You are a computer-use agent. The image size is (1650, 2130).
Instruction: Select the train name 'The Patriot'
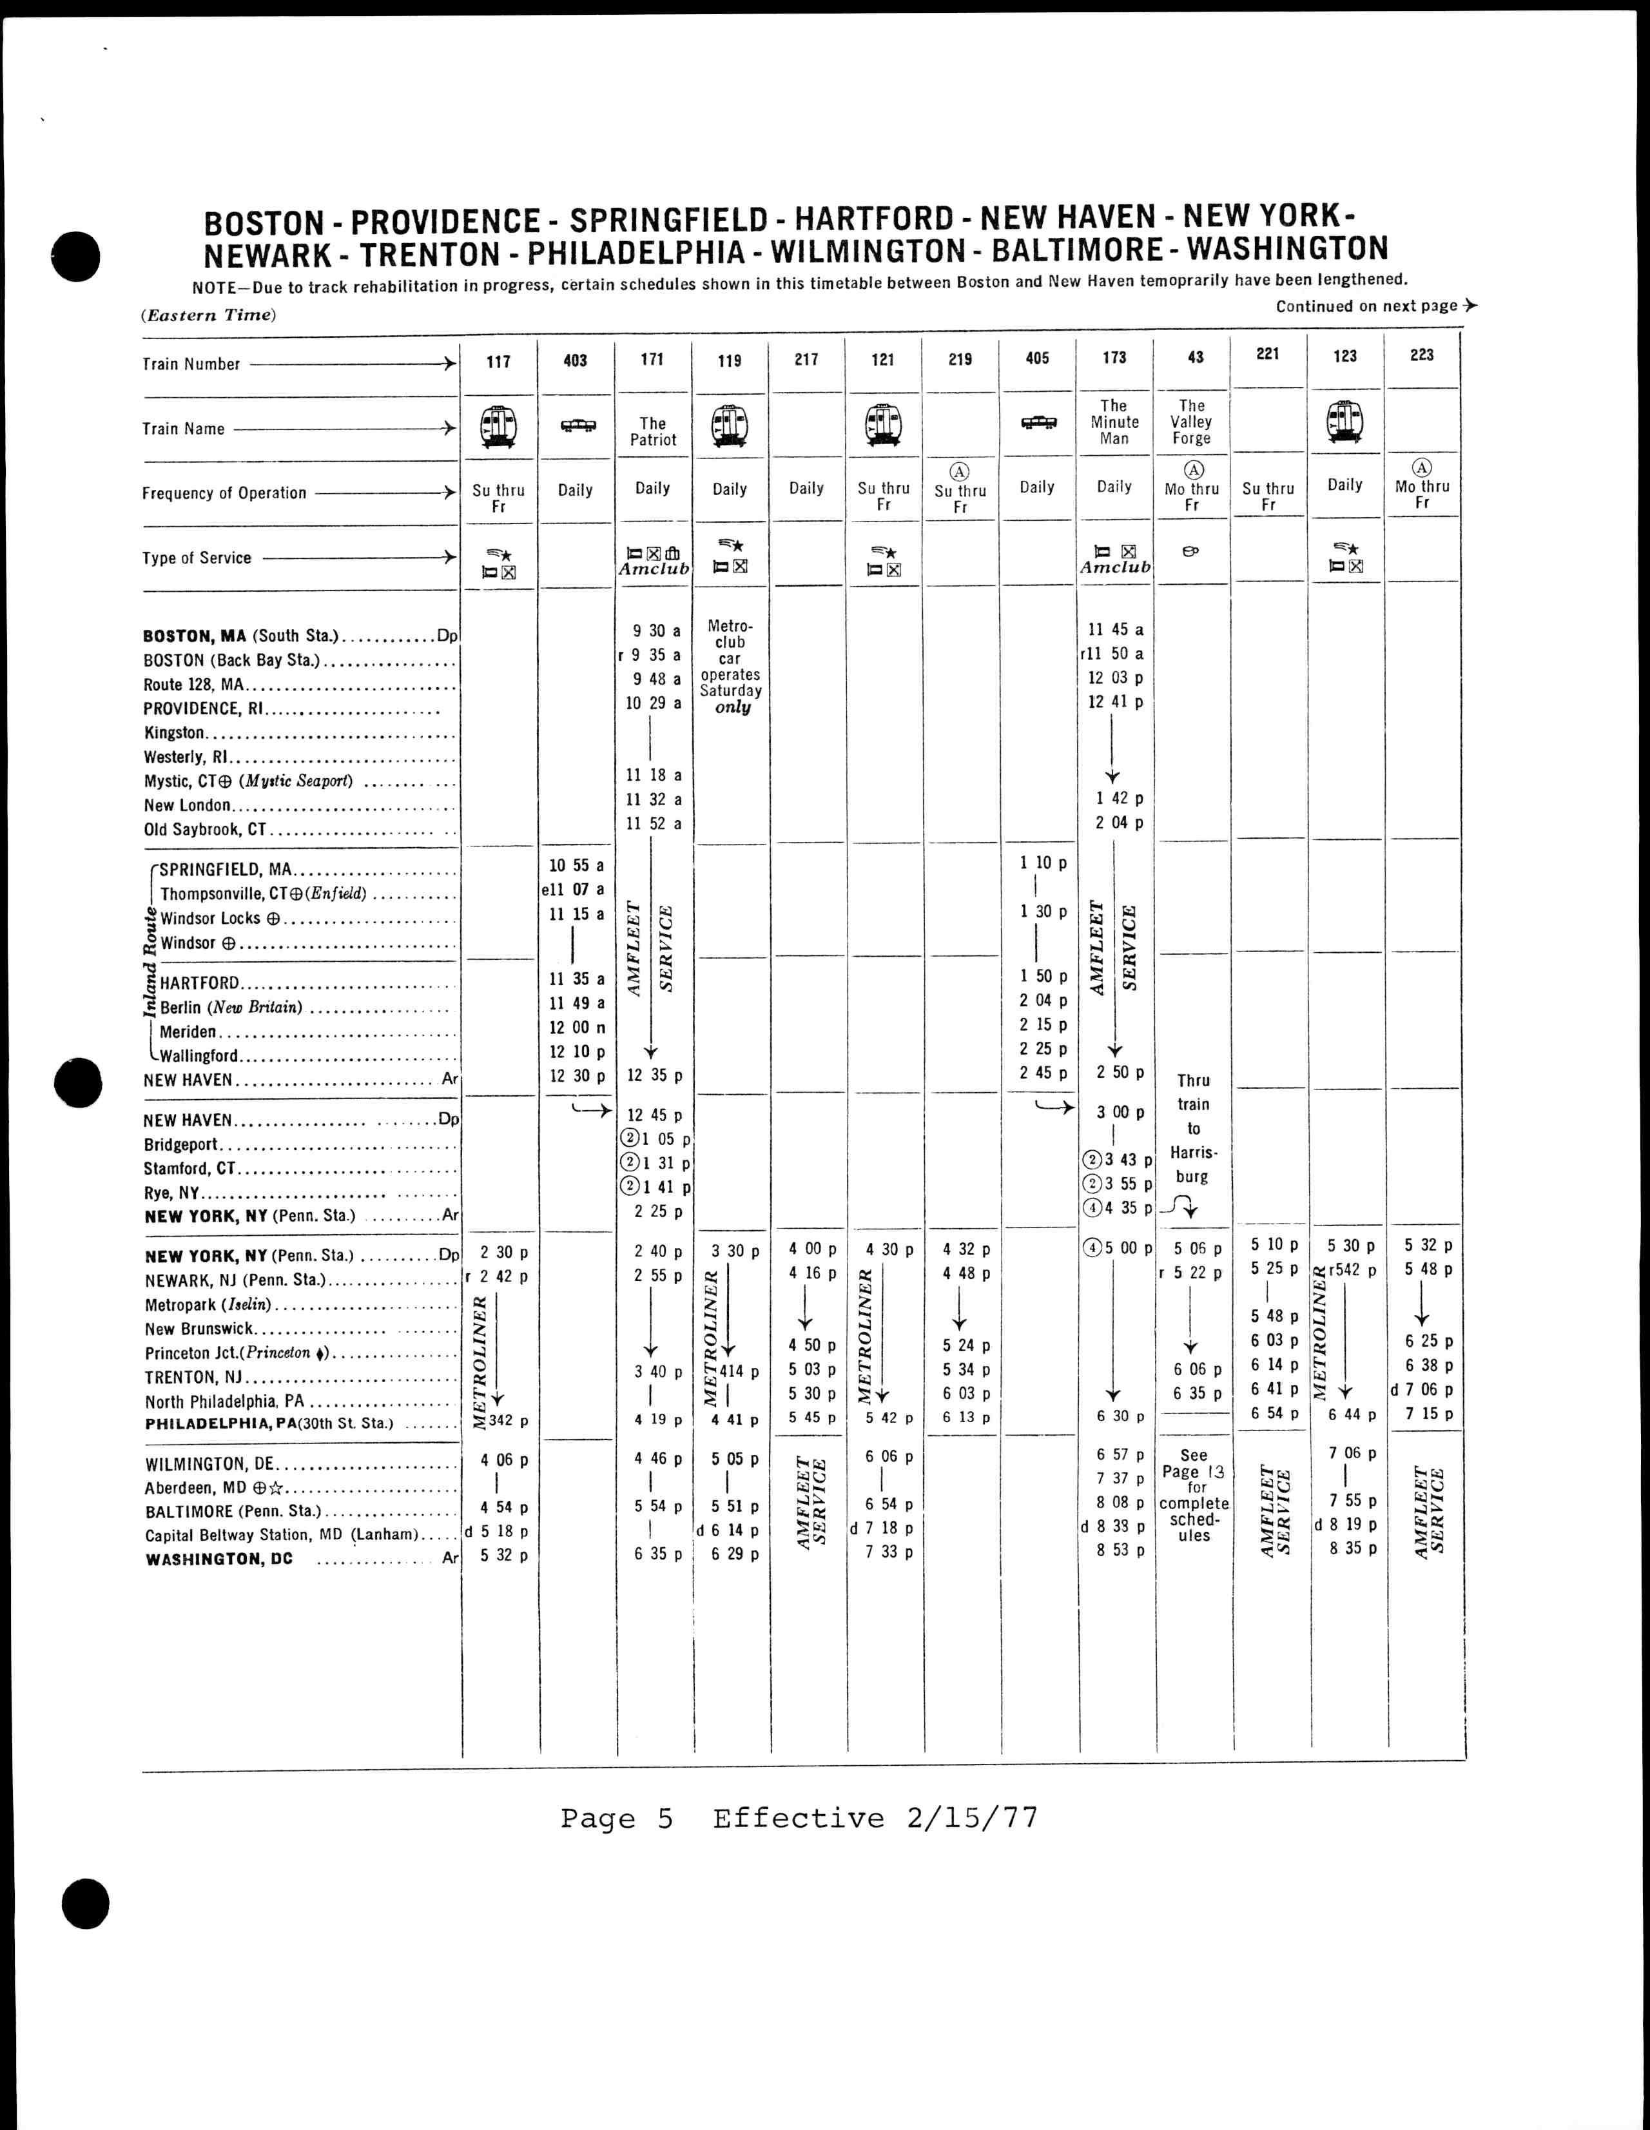coord(652,431)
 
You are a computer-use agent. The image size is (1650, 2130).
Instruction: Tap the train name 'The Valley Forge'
coord(1192,422)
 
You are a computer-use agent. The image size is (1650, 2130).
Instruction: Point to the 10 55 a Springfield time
coord(576,865)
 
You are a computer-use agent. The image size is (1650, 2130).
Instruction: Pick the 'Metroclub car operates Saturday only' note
coord(730,666)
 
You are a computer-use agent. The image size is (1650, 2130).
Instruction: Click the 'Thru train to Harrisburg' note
coord(1192,1128)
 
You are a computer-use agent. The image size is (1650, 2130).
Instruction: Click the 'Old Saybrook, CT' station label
coord(205,830)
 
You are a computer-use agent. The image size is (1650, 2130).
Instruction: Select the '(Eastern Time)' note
coord(209,315)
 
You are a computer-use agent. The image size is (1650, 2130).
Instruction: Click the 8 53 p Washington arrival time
coord(1120,1550)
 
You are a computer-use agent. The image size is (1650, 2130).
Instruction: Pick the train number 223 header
coord(1422,355)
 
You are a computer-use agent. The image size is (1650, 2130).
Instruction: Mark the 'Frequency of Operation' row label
coord(224,493)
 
